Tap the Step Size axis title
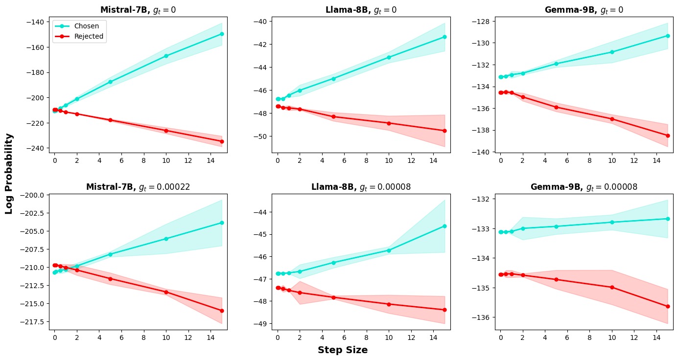click(x=342, y=350)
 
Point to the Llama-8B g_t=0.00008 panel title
click(x=361, y=187)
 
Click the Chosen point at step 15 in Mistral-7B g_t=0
click(x=222, y=34)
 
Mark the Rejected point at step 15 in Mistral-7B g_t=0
click(x=222, y=141)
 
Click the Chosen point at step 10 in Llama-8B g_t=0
click(x=389, y=57)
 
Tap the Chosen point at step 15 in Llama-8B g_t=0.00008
click(x=444, y=226)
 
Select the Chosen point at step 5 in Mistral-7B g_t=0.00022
click(x=110, y=254)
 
